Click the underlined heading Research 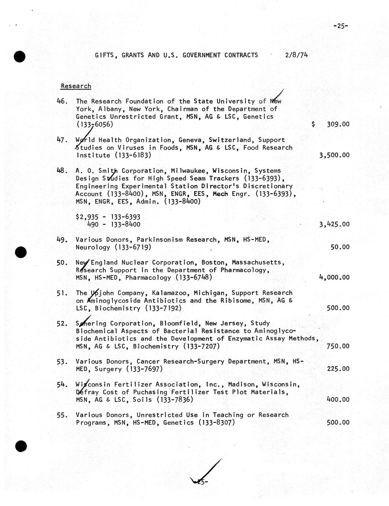point(76,86)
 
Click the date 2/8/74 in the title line point(296,55)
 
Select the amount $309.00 point(331,124)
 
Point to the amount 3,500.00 point(334,155)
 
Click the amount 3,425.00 point(334,224)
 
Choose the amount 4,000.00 point(334,278)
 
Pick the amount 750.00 point(338,346)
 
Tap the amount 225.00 point(338,369)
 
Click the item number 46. point(62,101)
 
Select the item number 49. point(62,240)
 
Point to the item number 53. point(62,362)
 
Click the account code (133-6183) point(132,155)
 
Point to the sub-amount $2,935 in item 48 point(86,217)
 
